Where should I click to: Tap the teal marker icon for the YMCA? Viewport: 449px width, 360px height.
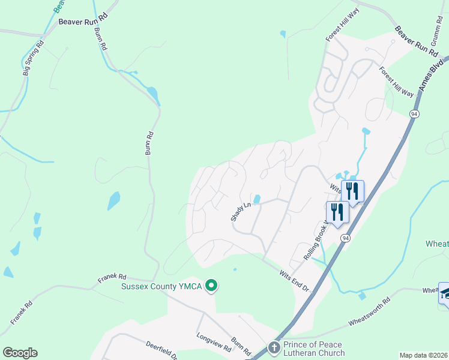tap(211, 286)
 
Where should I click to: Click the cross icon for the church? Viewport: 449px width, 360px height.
tap(274, 348)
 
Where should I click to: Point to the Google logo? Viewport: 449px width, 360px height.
tap(20, 353)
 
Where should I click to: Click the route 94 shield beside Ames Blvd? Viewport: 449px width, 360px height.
tap(414, 113)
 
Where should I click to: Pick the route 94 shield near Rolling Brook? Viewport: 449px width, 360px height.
tap(345, 238)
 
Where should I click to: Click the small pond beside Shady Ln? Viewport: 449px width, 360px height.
tap(257, 199)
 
